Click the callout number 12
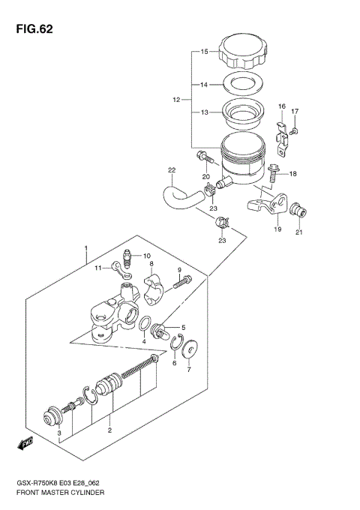pos(177,99)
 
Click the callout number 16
pos(282,106)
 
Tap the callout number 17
pos(295,112)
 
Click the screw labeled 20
pos(203,157)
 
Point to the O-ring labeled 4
pos(143,324)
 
